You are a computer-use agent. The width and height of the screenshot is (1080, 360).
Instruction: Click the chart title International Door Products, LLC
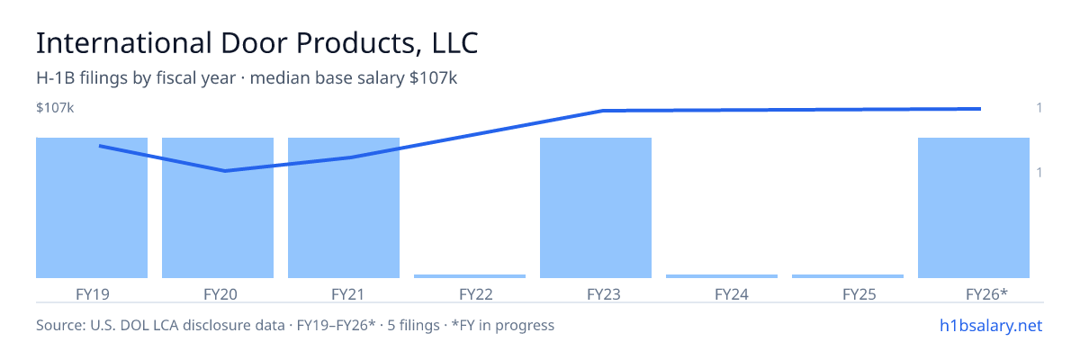(x=257, y=43)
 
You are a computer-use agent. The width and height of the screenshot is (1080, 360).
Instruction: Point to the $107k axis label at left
(x=55, y=108)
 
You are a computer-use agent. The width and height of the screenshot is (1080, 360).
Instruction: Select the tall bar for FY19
(x=92, y=208)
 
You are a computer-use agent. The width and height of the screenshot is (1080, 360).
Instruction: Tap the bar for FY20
(x=218, y=208)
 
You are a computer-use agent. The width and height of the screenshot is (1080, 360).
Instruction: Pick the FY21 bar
(x=344, y=208)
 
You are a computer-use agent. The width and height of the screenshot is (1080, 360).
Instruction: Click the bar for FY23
(x=596, y=208)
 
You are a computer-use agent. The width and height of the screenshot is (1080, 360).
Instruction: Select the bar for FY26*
(x=974, y=208)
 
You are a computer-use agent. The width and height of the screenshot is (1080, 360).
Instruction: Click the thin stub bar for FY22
(x=470, y=276)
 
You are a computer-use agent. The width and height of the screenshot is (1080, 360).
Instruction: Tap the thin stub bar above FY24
(x=722, y=276)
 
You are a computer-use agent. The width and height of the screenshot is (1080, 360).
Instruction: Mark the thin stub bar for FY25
(x=848, y=276)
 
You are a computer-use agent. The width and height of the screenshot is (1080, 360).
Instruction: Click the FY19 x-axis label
(x=93, y=294)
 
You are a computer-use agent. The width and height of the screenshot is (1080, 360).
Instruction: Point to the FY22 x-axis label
(x=476, y=294)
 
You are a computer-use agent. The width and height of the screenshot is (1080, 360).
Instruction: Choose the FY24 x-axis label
(x=732, y=294)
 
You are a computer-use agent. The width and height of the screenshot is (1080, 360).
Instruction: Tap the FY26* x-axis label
(x=987, y=294)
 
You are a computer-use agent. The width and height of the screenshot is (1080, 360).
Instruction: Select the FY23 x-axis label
(x=604, y=294)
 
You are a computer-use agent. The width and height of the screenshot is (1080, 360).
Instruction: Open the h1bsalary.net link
(x=991, y=326)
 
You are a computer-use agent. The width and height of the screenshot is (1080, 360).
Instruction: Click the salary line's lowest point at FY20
(x=225, y=171)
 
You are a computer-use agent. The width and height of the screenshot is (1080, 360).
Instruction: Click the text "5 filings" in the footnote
(x=414, y=326)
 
